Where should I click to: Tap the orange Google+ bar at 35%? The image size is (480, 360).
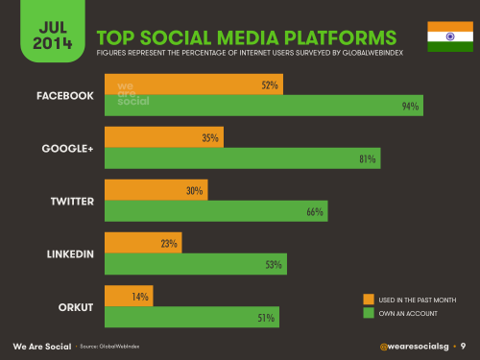click(x=164, y=138)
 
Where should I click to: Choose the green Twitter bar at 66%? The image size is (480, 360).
click(x=216, y=212)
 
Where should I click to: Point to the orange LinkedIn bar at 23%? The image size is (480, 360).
click(x=143, y=244)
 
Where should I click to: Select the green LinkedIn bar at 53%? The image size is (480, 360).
click(x=196, y=265)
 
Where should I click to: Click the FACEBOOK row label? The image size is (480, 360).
click(x=64, y=96)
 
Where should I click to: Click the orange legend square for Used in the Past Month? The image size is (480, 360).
click(x=369, y=300)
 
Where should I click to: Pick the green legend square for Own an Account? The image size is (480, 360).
click(x=369, y=313)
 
